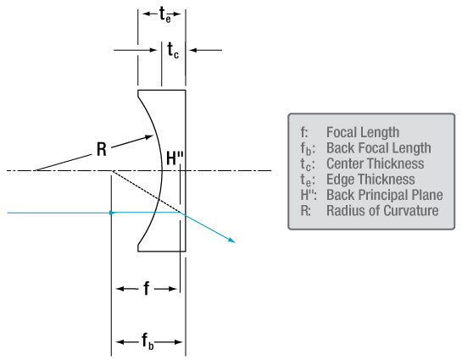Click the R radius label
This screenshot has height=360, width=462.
[x=102, y=149]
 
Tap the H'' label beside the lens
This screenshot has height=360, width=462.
[x=175, y=158]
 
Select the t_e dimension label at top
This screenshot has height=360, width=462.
[x=165, y=14]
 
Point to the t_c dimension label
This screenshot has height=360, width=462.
[x=173, y=50]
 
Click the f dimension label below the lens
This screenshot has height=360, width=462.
[x=147, y=288]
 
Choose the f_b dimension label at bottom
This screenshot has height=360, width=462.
[x=148, y=341]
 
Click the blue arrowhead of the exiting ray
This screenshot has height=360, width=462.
[x=231, y=240]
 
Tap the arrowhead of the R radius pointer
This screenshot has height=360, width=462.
[x=148, y=136]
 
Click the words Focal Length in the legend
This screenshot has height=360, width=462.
[x=363, y=132]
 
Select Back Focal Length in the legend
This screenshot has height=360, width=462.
[x=379, y=147]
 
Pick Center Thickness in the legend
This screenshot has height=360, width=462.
[x=375, y=163]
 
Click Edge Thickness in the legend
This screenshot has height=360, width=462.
[x=370, y=179]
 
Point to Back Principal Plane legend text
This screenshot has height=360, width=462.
[x=385, y=195]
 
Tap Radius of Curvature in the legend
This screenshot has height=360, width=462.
[x=382, y=210]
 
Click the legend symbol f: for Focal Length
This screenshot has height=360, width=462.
[x=304, y=132]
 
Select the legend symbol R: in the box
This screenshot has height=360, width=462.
[x=305, y=210]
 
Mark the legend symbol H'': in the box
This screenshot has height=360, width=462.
[x=309, y=195]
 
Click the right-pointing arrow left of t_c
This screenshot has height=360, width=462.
[x=136, y=50]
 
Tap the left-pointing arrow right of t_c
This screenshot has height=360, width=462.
[x=205, y=50]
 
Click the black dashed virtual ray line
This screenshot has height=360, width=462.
[x=146, y=191]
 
